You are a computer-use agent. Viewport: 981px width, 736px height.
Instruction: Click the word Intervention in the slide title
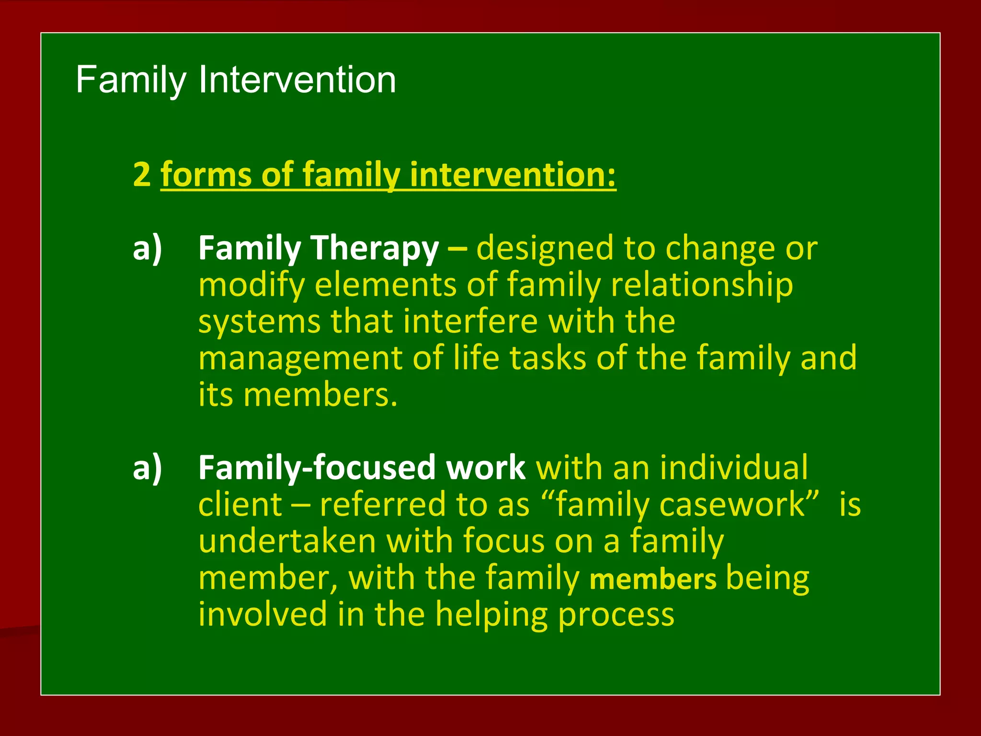[297, 80]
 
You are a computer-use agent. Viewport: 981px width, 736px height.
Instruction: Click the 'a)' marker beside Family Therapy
[148, 248]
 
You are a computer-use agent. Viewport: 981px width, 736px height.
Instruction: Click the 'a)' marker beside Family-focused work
[148, 468]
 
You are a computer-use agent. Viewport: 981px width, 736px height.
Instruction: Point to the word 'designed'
[545, 248]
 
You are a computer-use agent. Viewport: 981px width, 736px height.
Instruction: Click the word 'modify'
[251, 286]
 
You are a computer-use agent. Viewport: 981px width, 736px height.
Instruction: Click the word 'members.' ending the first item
[320, 395]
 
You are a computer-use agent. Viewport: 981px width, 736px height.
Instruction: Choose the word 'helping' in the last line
[491, 615]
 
